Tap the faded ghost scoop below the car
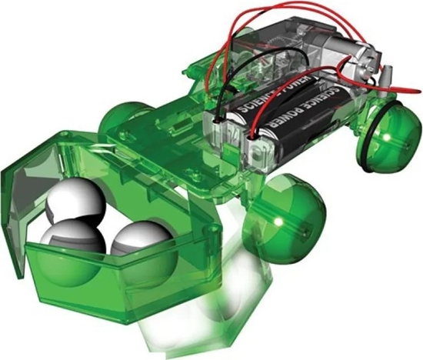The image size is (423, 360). click(192, 315)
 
